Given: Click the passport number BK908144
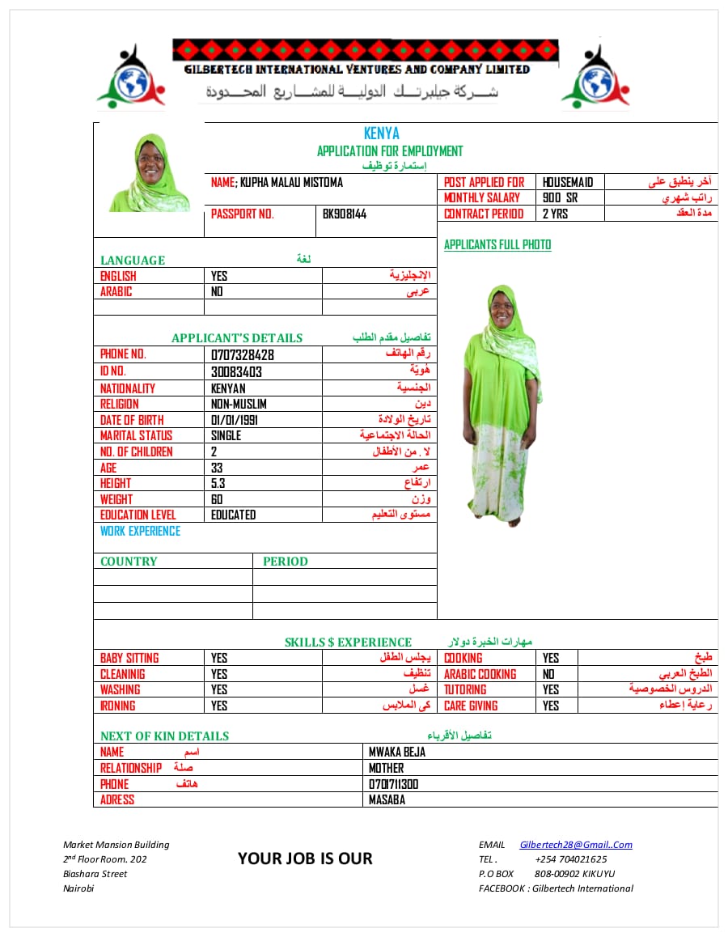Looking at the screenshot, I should pos(345,214).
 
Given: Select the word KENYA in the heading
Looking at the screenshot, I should pos(382,134).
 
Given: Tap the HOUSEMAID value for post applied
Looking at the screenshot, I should pos(567,183).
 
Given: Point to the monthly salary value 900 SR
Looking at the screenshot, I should pos(560,198).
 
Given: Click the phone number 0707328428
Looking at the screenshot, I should pos(242,355).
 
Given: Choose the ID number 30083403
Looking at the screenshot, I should pos(236,372).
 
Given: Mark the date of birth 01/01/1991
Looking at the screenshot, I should pos(234,420).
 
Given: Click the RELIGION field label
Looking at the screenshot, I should pos(120,404).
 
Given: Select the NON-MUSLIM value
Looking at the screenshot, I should pos(239,404).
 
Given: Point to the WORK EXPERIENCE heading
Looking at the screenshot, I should pos(140,532).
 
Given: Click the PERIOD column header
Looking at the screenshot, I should pos(285,562).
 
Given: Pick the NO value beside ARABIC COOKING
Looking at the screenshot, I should pos(549,674).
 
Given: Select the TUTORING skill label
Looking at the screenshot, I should pos(465,690).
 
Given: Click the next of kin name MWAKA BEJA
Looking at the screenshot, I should pos(396,753).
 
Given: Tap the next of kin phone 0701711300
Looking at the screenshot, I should pos(394,785).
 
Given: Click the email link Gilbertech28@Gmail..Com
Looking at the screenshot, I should pos(576,845).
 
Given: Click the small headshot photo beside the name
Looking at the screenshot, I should pos(150,173).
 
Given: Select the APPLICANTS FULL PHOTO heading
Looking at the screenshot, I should pos(497,245).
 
